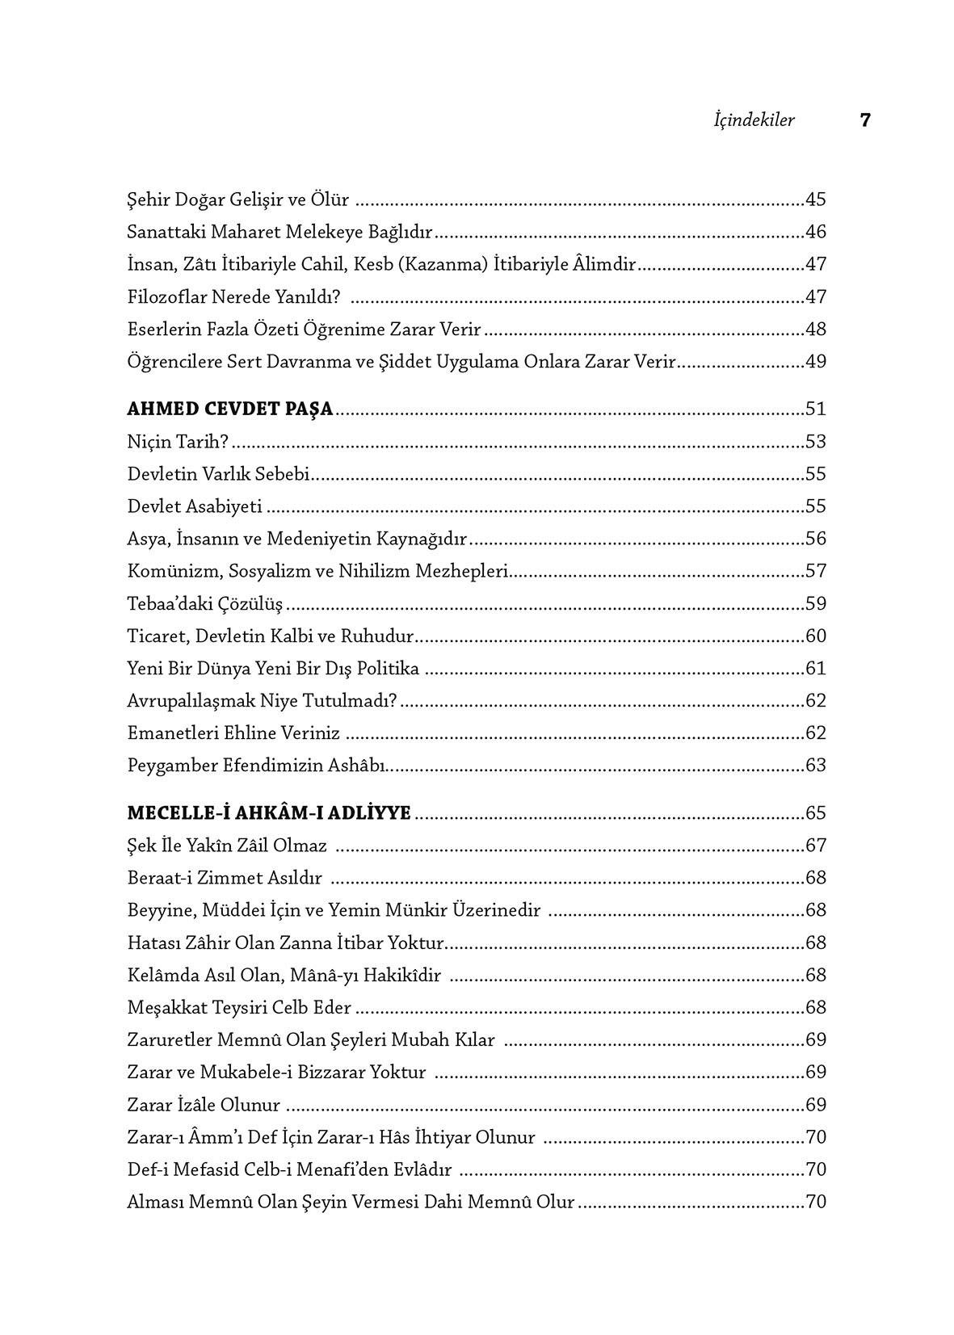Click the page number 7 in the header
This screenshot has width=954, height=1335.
pyautogui.click(x=865, y=121)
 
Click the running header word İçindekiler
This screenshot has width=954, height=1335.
pyautogui.click(x=754, y=121)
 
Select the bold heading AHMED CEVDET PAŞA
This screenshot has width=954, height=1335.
pyautogui.click(x=230, y=409)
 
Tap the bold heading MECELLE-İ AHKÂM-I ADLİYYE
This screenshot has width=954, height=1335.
pyautogui.click(x=269, y=813)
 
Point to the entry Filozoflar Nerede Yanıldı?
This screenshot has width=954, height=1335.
pyautogui.click(x=234, y=297)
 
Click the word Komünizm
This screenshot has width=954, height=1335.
pyautogui.click(x=173, y=572)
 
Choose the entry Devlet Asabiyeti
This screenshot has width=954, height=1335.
pyautogui.click(x=195, y=507)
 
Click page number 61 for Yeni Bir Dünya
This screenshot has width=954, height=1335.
pyautogui.click(x=816, y=669)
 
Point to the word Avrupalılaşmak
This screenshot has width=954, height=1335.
pyautogui.click(x=191, y=701)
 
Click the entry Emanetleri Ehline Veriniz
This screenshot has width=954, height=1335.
pyautogui.click(x=233, y=733)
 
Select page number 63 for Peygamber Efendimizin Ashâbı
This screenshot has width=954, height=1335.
pyautogui.click(x=816, y=766)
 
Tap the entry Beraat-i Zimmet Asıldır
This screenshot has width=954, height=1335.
pyautogui.click(x=225, y=879)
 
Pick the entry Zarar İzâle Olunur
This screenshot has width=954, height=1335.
pyautogui.click(x=204, y=1105)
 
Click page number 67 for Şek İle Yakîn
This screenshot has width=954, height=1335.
pyautogui.click(x=816, y=846)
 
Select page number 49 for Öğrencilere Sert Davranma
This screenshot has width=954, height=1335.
pyautogui.click(x=816, y=362)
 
